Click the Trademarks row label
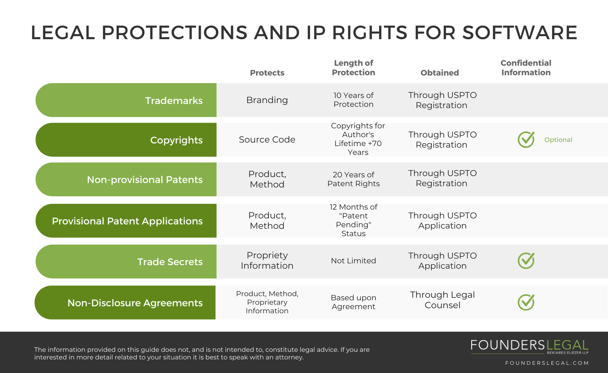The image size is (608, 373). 174,101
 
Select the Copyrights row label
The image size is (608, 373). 176,140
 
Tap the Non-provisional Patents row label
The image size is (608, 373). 145,180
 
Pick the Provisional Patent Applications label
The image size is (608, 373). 127,221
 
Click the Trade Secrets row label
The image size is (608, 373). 170,262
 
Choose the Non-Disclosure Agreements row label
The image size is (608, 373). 135,303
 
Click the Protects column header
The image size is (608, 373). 267,73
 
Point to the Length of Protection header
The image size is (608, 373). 353,68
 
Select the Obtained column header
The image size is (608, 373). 440,73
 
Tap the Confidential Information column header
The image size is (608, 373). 526,68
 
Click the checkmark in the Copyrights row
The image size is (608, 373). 526,139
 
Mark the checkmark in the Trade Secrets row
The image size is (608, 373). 526,260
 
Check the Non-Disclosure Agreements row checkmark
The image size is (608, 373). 526,302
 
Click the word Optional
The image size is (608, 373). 558,140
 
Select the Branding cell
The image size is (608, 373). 267,100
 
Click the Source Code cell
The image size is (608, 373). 267,139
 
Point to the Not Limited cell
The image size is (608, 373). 353,261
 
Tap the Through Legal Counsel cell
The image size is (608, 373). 442,300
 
